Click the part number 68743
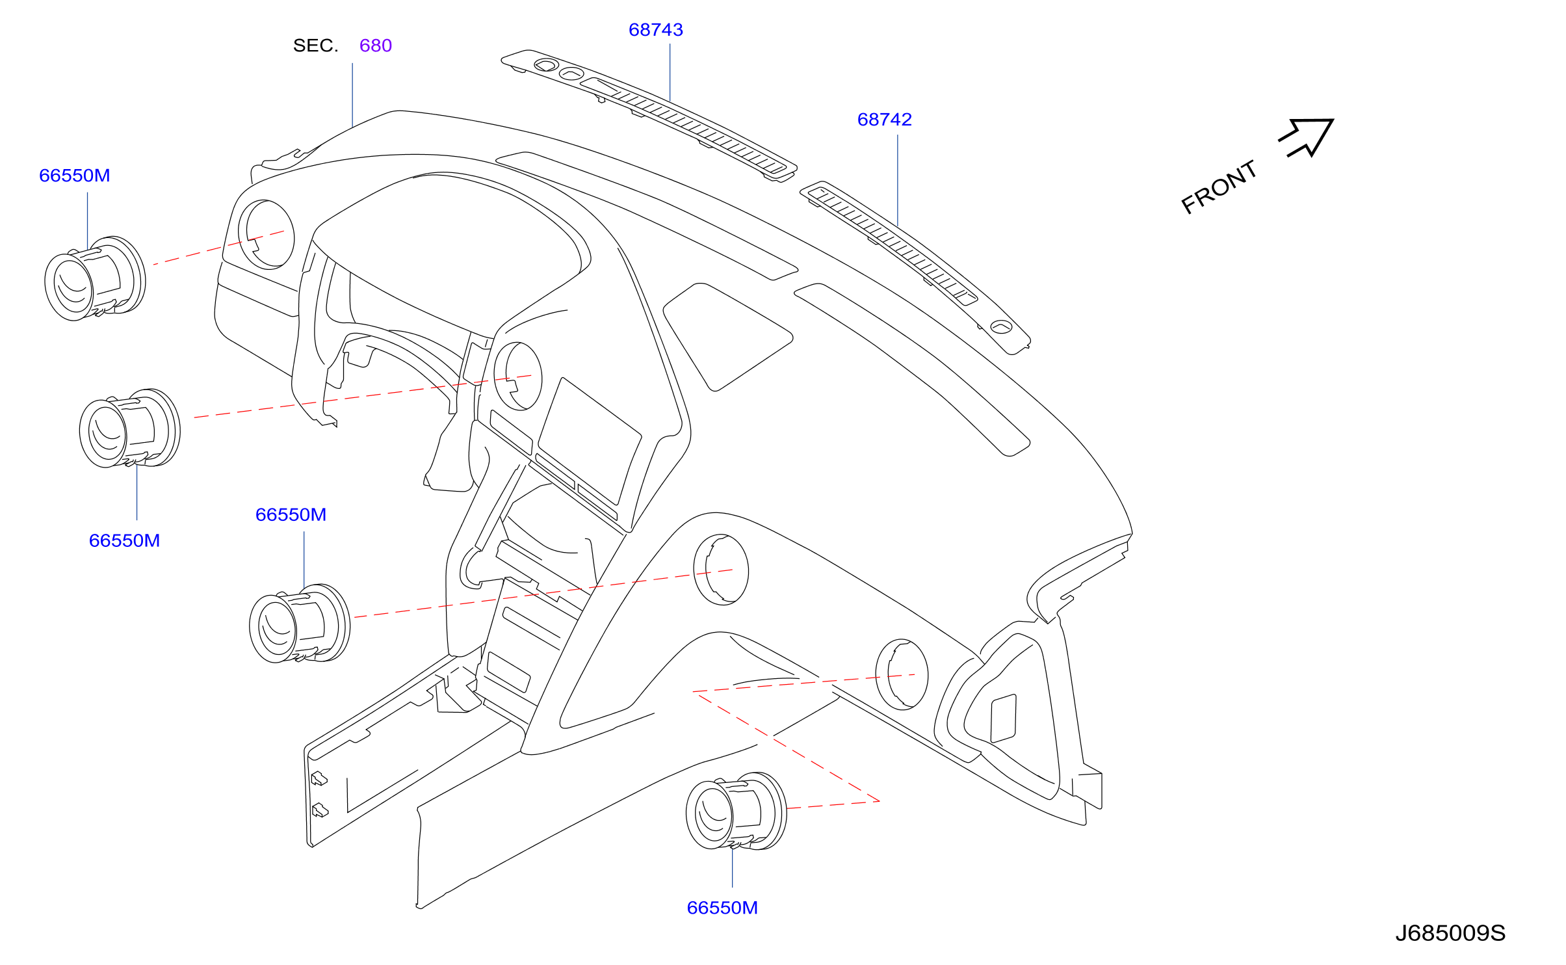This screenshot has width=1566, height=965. tap(655, 30)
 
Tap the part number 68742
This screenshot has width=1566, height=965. tap(884, 120)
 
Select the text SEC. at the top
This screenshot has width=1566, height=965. tap(315, 46)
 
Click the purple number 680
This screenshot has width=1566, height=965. tap(376, 46)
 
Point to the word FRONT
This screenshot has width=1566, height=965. tap(1218, 187)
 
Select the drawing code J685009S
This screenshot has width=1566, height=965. tap(1450, 933)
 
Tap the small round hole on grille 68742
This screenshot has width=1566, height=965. tap(1001, 326)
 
